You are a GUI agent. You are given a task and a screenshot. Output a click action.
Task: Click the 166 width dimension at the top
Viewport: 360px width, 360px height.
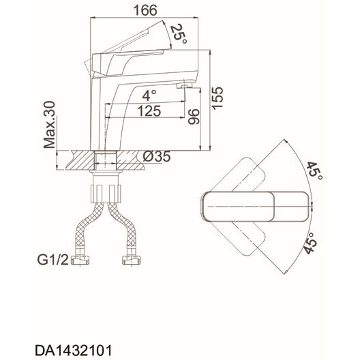(145, 10)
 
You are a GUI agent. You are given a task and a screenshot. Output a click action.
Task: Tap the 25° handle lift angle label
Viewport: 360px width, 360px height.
(179, 33)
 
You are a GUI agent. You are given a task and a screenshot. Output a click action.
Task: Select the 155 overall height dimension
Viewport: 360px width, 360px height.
(217, 97)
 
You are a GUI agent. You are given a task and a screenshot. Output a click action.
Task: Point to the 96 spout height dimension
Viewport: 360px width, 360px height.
(194, 117)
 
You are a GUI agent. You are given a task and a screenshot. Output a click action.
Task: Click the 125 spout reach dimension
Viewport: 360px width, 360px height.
(149, 111)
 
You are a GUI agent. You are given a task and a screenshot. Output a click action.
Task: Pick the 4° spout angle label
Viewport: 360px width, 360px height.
(149, 95)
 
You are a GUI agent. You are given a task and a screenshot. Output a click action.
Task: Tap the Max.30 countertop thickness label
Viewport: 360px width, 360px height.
(50, 125)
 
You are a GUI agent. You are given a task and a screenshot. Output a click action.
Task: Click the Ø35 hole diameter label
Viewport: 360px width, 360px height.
(157, 157)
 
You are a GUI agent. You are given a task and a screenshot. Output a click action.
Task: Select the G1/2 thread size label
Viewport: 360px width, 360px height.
(52, 260)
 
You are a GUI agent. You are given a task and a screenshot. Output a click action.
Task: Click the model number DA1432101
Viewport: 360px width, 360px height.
(74, 350)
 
